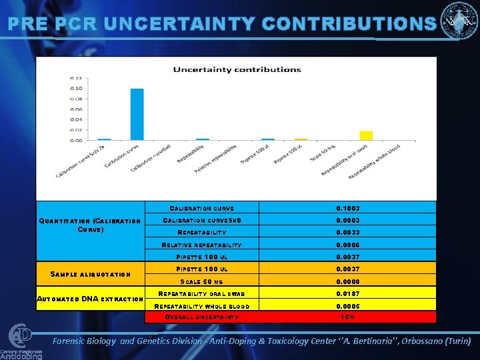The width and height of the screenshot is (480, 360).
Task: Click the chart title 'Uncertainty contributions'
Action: pyautogui.click(x=237, y=69)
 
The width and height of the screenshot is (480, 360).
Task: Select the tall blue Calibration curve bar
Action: pyautogui.click(x=137, y=114)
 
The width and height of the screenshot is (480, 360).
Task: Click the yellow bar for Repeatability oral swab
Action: pyautogui.click(x=366, y=136)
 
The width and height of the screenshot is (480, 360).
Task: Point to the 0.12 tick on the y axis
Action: pyautogui.click(x=77, y=78)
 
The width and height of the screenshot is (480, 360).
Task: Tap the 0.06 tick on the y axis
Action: pyautogui.click(x=77, y=109)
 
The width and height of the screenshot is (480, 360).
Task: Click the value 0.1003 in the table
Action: pyautogui.click(x=348, y=209)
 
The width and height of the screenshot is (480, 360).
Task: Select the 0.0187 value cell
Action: pyautogui.click(x=348, y=293)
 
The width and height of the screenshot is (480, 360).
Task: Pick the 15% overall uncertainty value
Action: pyautogui.click(x=348, y=317)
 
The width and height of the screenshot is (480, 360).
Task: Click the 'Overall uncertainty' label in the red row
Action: pyautogui.click(x=201, y=317)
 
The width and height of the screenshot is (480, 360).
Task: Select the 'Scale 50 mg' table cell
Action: pyautogui.click(x=201, y=281)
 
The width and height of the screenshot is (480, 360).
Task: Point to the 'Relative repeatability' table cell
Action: pyautogui.click(x=201, y=245)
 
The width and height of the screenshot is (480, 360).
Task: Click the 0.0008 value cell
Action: pyautogui.click(x=348, y=281)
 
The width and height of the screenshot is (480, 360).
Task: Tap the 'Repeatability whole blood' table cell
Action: pyautogui.click(x=201, y=306)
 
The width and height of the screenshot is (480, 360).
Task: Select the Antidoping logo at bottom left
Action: pyautogui.click(x=21, y=342)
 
